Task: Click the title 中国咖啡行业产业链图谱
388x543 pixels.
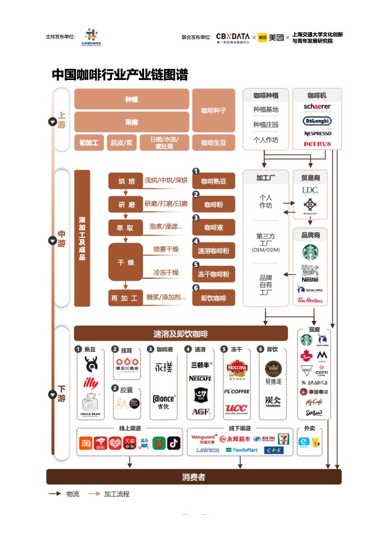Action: coord(120,75)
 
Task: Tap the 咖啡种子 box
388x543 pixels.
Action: coord(214,110)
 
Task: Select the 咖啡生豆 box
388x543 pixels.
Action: coord(214,143)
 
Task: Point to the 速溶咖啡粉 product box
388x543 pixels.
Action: coord(214,251)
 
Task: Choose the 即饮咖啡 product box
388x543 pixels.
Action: coord(214,298)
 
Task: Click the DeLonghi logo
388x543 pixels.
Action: coord(317,121)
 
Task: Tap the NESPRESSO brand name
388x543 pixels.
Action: coord(317,133)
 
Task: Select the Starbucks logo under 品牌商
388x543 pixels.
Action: coord(310,252)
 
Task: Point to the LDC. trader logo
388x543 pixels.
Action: coord(310,191)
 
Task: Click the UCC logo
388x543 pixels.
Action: coord(236,407)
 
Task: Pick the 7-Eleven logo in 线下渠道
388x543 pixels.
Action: coord(283,438)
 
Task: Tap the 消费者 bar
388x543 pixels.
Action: coord(194,477)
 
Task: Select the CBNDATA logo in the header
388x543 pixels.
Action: coord(233,37)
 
